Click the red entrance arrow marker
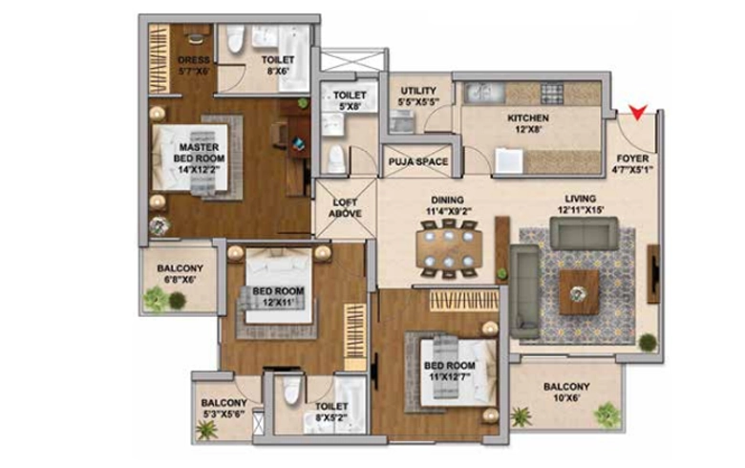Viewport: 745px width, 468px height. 638,112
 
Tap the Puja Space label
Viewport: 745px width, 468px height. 418,161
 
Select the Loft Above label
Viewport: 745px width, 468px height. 346,208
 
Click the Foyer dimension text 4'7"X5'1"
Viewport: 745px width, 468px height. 632,169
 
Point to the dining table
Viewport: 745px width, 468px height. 449,248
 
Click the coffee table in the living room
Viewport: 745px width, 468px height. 578,292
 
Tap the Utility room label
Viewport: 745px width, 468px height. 418,91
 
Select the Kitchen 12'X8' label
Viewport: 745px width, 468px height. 528,123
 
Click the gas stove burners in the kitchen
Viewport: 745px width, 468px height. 552,93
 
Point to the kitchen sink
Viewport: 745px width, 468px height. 483,93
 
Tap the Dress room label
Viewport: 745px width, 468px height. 193,60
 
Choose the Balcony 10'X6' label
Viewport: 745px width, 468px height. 566,392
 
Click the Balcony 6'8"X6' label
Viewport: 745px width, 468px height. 180,274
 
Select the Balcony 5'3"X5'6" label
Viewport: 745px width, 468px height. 223,408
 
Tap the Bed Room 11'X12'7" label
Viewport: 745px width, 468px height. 450,372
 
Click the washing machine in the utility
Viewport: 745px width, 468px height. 402,121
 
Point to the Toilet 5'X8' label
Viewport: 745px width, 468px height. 350,100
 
